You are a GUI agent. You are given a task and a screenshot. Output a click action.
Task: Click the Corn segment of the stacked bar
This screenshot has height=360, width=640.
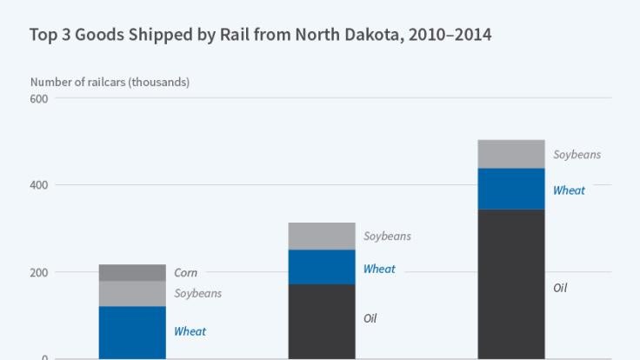click(132, 272)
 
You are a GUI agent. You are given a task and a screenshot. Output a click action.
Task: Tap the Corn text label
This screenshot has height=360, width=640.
click(185, 273)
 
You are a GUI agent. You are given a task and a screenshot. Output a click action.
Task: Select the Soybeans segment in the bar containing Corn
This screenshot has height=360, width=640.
click(132, 293)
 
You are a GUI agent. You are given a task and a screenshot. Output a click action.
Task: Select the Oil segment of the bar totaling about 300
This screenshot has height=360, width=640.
click(322, 321)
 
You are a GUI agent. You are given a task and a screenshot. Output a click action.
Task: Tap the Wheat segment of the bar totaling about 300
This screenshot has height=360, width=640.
click(322, 267)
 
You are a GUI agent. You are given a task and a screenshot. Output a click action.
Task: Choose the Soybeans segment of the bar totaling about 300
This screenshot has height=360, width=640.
click(322, 236)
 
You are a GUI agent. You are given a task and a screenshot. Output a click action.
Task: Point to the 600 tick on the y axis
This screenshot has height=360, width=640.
click(39, 98)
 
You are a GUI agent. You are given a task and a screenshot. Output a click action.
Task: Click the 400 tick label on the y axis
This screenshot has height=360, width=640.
click(39, 185)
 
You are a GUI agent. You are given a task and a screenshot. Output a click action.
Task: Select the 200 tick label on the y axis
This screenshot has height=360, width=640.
click(39, 272)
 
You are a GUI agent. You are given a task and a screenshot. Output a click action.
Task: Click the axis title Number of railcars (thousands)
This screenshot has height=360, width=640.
click(110, 82)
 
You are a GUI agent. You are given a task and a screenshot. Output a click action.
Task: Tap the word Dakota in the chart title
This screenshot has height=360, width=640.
click(359, 35)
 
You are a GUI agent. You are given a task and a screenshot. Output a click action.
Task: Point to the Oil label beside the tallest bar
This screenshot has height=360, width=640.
click(560, 287)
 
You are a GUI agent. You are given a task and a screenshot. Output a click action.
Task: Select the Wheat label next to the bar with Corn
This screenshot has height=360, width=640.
click(190, 331)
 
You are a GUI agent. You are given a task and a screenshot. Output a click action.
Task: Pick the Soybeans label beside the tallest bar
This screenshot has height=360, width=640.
click(577, 155)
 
